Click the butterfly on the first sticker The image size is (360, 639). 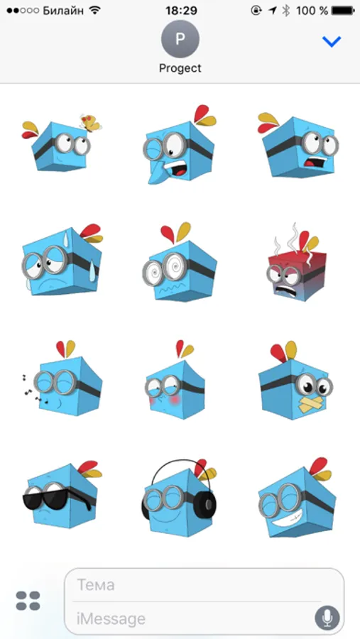pyautogui.click(x=90, y=123)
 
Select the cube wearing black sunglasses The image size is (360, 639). pyautogui.click(x=62, y=494)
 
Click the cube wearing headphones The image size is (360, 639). pyautogui.click(x=179, y=498)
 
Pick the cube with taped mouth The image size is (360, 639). pyautogui.click(x=295, y=381)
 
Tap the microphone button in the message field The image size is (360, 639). pyautogui.click(x=327, y=618)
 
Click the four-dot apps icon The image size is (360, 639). pyautogui.click(x=28, y=601)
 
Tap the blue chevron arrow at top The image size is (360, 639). pyautogui.click(x=331, y=41)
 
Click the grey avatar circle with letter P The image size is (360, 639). pyautogui.click(x=180, y=39)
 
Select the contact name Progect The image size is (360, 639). pyautogui.click(x=180, y=68)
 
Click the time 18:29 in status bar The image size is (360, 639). pyautogui.click(x=181, y=11)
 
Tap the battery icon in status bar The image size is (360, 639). pyautogui.click(x=343, y=11)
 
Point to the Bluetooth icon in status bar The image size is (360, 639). pyautogui.click(x=286, y=11)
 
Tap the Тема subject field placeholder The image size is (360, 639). pyautogui.click(x=96, y=585)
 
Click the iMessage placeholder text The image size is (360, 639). pyautogui.click(x=111, y=618)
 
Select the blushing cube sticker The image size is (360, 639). pyautogui.click(x=175, y=381)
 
